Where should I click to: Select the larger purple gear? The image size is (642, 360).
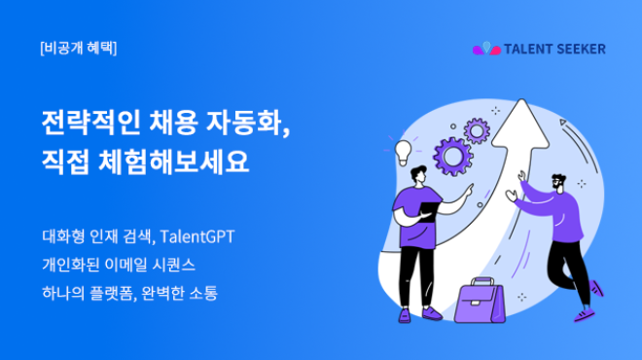[453, 155]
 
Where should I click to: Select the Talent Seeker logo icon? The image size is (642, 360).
[485, 48]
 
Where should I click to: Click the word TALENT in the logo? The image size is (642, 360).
[529, 48]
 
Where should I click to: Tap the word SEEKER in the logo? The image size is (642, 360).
[582, 48]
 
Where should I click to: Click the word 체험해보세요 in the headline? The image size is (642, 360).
[174, 161]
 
